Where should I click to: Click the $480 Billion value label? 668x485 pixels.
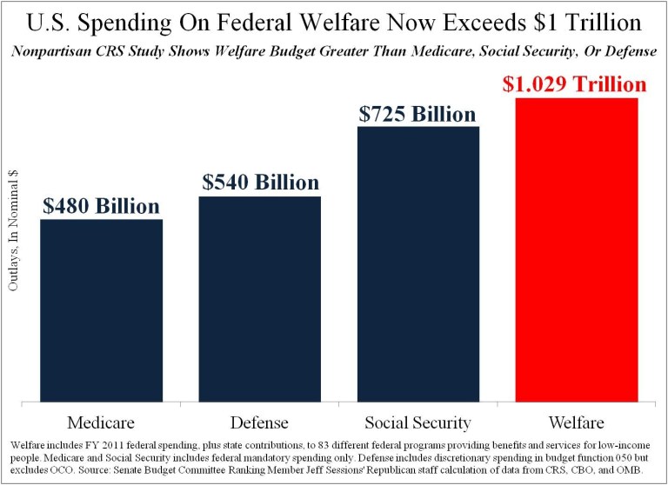coord(101,206)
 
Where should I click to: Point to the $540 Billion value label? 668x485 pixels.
coord(260,183)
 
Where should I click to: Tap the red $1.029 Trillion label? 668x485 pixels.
coord(576,84)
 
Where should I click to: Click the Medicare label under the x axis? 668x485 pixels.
coord(101,423)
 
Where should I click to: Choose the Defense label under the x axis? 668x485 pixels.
coord(260,423)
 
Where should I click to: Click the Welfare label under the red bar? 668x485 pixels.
coord(577,423)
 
